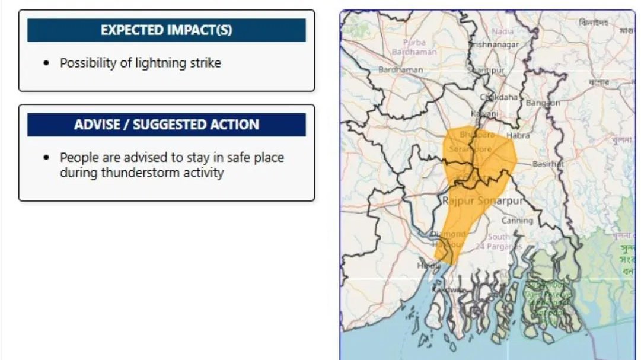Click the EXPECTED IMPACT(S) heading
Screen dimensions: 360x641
tap(166, 30)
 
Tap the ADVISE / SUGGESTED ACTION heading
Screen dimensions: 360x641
tap(166, 125)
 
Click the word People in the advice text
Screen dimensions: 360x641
tap(78, 158)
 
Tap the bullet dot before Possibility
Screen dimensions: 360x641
tap(47, 63)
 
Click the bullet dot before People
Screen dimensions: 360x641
tap(47, 158)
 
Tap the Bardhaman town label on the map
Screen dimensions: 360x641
tap(401, 70)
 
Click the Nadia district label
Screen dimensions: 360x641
tap(502, 31)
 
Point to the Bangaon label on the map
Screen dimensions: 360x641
tap(542, 103)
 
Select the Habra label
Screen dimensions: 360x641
tap(518, 135)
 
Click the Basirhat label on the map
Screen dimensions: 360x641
tap(547, 164)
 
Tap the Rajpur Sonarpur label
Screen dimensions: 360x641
tap(483, 201)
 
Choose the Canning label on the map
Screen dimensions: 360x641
tap(517, 220)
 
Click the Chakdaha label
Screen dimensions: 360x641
tap(499, 97)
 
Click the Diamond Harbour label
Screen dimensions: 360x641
tap(448, 239)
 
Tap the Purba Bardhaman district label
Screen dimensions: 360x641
tap(414, 47)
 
